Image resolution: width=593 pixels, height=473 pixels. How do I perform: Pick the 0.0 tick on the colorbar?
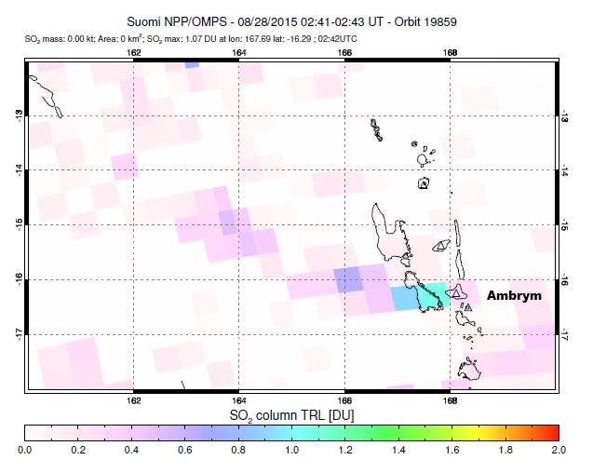25,450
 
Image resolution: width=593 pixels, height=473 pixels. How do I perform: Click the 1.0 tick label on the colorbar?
291,450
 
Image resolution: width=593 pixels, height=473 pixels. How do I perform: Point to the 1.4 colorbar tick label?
398,450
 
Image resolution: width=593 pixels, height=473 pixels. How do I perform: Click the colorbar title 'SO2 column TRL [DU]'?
292,412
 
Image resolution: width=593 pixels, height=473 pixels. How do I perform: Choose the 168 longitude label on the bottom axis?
451,400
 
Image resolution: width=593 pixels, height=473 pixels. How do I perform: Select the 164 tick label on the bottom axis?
239,400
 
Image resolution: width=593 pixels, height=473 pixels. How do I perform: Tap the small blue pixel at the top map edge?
192,64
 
